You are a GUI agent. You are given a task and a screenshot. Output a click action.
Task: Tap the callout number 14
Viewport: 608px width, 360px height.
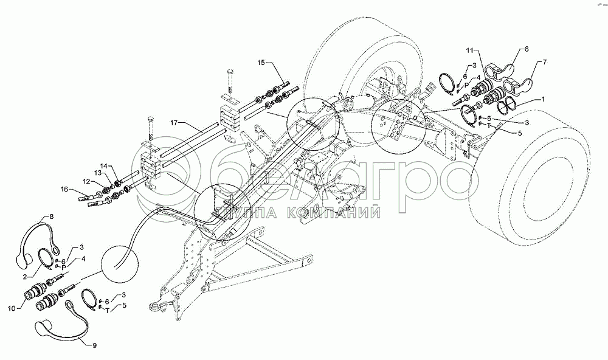click(x=103, y=165)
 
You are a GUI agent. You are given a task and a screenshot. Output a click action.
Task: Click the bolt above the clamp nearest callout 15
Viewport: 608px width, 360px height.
click(x=229, y=76)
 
